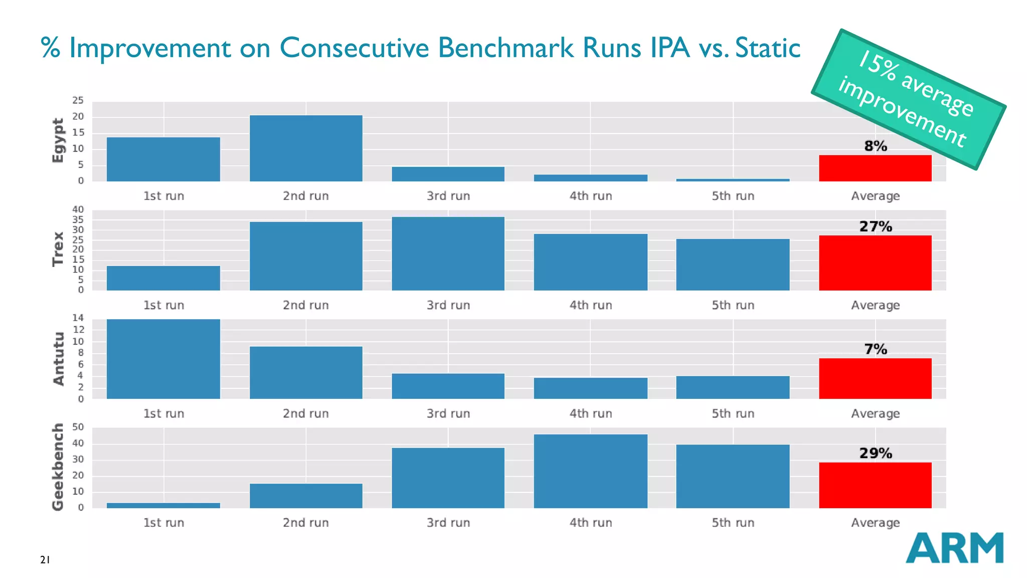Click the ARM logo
(954, 548)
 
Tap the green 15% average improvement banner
(908, 99)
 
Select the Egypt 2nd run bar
(306, 149)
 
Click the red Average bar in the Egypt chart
(875, 169)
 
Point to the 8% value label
(875, 146)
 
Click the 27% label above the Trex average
(875, 227)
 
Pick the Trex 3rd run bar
(448, 254)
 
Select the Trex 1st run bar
(163, 278)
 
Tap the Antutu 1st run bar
(163, 359)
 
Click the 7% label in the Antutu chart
(875, 349)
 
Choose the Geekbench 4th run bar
(590, 471)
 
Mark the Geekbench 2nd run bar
(306, 496)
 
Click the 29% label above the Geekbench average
(875, 454)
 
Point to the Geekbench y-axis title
(58, 467)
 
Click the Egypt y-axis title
(58, 140)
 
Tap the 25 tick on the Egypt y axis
(78, 101)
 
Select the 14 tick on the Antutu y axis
(78, 318)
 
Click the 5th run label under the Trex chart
(733, 306)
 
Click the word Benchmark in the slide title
(505, 48)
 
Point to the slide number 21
(45, 560)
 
